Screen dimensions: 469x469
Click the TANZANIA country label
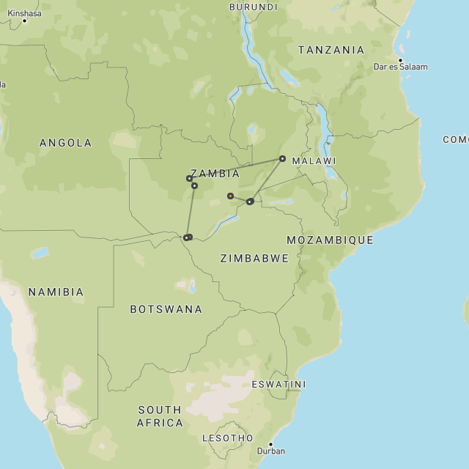click(330, 50)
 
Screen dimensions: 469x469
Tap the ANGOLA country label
click(66, 143)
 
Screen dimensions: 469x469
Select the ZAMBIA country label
click(215, 174)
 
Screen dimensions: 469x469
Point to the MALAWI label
click(314, 160)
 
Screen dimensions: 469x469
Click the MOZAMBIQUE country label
click(330, 240)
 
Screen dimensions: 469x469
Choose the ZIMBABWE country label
click(254, 258)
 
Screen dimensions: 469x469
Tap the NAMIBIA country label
click(56, 292)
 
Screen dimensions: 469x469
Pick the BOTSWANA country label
click(166, 309)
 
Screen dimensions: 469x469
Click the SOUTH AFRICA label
click(160, 416)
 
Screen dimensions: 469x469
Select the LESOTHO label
click(227, 438)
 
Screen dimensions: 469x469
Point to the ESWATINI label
click(278, 384)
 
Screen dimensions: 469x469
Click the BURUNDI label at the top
click(254, 7)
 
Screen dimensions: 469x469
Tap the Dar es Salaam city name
click(401, 67)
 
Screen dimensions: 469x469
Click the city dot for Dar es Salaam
click(400, 60)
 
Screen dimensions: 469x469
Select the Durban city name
click(273, 451)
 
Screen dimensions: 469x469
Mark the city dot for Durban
click(270, 444)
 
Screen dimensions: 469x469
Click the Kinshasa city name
click(24, 13)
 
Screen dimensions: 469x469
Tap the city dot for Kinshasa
click(24, 21)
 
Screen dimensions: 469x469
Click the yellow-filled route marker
click(230, 196)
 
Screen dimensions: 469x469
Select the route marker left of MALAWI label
click(282, 158)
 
